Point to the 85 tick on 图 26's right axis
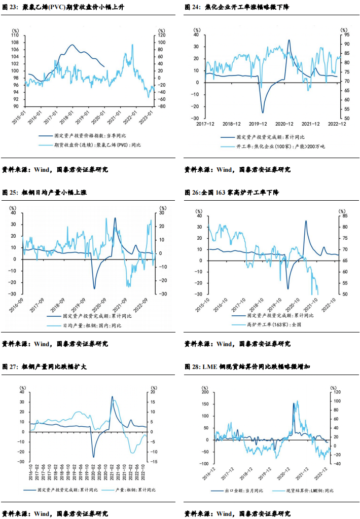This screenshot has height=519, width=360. [x=344, y=216]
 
